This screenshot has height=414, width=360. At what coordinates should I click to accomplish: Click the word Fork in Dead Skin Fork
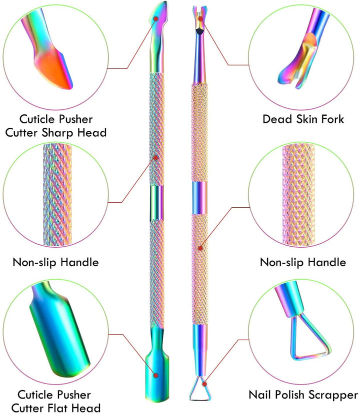point(332,119)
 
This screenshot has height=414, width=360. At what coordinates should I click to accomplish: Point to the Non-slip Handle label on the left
point(56,263)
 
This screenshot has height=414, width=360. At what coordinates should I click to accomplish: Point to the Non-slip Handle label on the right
point(303,263)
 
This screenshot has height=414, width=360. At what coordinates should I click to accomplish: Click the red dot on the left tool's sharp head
point(156,18)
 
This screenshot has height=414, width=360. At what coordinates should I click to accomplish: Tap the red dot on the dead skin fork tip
point(200,18)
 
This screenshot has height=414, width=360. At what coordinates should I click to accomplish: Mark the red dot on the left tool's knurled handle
point(155,158)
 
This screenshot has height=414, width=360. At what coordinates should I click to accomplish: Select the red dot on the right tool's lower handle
point(200,248)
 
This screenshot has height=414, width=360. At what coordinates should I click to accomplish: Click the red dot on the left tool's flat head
point(156,375)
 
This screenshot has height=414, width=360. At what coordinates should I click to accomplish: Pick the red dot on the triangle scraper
point(204,384)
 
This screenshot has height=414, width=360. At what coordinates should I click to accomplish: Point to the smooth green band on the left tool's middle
point(157,203)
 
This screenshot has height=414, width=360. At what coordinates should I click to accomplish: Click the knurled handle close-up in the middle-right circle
point(298,195)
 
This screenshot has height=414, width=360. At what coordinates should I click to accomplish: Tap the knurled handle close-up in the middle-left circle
point(57,195)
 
